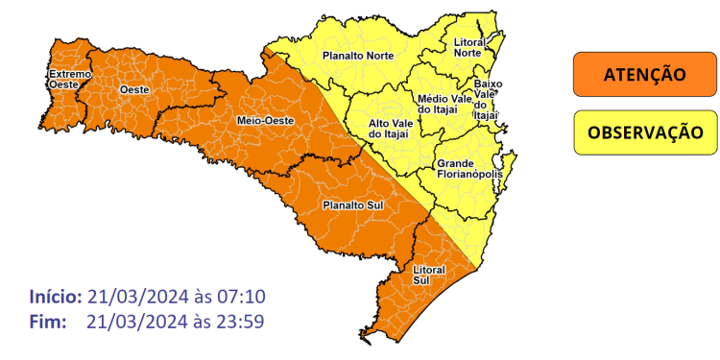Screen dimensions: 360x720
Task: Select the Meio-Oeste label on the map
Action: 259,120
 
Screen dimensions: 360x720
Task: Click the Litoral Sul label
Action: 428,276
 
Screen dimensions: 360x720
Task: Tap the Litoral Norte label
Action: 468,47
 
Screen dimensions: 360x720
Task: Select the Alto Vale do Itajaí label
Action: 391,130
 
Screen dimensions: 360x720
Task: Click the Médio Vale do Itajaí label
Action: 443,105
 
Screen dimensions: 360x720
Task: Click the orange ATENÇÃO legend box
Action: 644,75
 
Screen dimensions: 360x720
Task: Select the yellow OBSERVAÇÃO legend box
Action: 644,132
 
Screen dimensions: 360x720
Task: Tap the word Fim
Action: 47,321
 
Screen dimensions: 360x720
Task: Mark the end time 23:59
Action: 241,321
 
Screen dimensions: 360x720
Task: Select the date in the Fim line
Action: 134,321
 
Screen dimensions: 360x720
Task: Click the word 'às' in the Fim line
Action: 201,321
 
